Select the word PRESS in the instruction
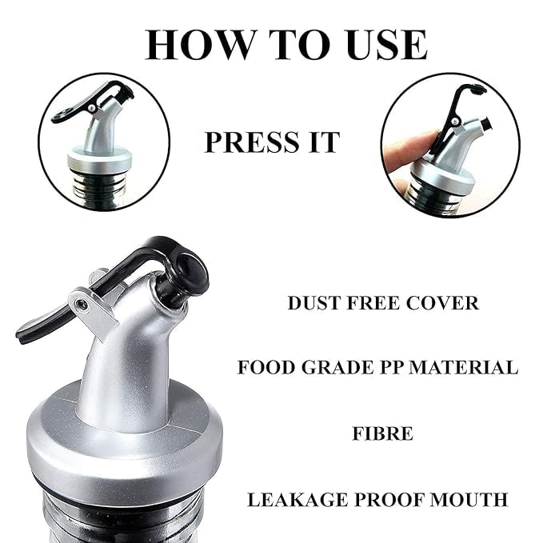coord(252,142)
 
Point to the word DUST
coord(314,303)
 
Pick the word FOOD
coord(266,367)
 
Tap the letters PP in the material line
coord(391,367)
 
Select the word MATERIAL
coord(463,367)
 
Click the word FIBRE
coord(383,433)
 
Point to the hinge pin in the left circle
coord(91,108)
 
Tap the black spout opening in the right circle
coord(485,124)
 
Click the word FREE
coord(373,303)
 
